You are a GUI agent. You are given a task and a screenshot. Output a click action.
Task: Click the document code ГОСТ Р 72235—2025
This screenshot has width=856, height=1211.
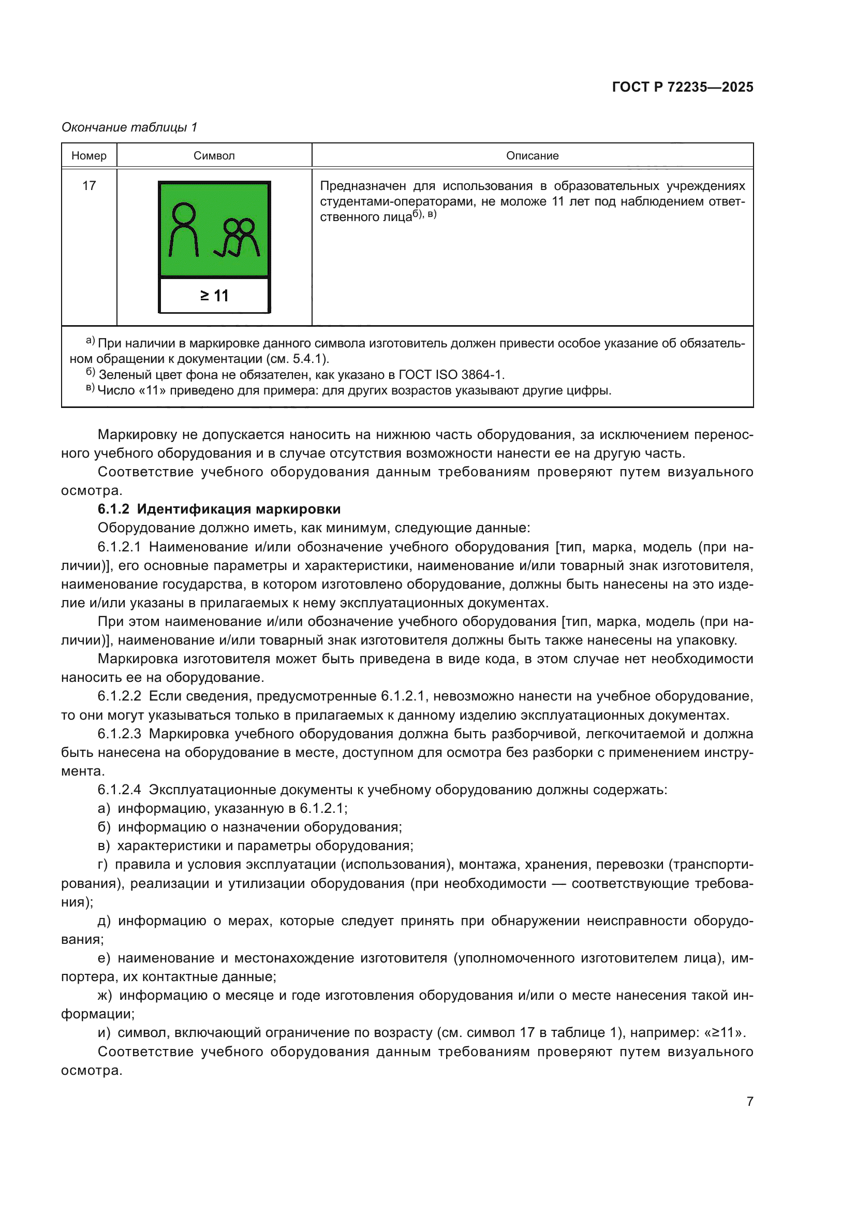(682, 87)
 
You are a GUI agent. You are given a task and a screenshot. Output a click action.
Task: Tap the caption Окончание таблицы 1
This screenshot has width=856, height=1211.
(129, 127)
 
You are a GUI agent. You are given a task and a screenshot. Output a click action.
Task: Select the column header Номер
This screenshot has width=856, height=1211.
(89, 156)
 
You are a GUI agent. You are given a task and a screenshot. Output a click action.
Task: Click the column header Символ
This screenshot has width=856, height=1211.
(214, 156)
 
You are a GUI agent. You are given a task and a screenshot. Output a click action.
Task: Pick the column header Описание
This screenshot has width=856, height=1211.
(532, 156)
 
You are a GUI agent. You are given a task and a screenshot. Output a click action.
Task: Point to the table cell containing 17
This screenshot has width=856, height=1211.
(89, 186)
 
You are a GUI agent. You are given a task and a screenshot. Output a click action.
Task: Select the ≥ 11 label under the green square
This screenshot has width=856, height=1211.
(215, 296)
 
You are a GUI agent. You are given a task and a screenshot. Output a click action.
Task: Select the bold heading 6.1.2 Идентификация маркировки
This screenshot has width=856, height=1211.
(219, 509)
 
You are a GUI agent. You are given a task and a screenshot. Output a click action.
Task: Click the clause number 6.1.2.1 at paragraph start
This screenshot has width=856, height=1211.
(119, 547)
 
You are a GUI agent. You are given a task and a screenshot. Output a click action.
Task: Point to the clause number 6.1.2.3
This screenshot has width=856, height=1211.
(119, 734)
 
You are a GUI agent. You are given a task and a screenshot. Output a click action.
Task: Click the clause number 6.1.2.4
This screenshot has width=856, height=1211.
(119, 790)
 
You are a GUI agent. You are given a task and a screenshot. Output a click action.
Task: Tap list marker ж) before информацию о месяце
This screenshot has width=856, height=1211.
(105, 995)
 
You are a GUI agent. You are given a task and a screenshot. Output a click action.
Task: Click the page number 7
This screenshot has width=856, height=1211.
(749, 1101)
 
